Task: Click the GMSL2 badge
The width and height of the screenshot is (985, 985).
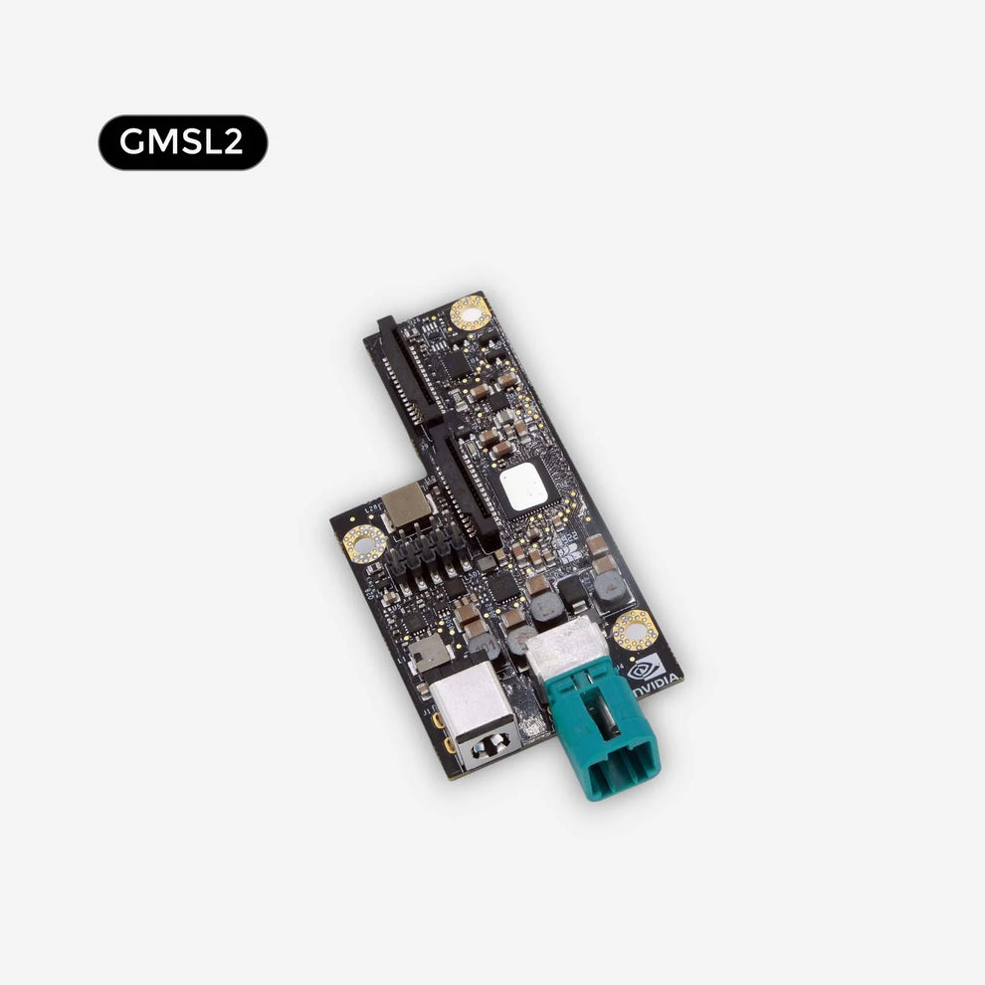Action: coord(183,142)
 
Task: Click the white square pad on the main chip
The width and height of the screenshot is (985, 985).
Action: coord(523,489)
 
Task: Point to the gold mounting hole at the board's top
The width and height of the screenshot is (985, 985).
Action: coord(469,313)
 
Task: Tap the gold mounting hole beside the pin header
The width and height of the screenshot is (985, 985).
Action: coord(364,543)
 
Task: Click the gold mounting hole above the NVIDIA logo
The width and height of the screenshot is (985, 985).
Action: coord(634,630)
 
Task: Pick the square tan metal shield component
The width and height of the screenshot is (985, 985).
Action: coord(406,507)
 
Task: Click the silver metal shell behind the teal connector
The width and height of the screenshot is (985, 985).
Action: coord(563,645)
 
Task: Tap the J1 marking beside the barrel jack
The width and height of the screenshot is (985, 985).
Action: coord(427,713)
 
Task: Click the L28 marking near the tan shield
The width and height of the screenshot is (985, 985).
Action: coord(372,506)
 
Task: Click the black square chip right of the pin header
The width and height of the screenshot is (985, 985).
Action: coord(502,587)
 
